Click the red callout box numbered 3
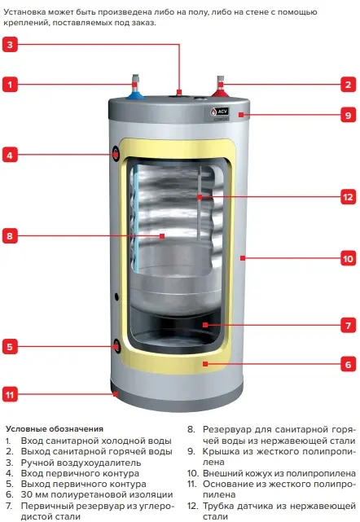(10, 45)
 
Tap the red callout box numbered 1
(10, 84)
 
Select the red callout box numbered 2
(349, 84)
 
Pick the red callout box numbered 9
(349, 115)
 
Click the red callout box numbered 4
(10, 156)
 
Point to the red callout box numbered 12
(349, 197)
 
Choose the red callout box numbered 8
(10, 236)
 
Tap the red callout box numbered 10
(349, 258)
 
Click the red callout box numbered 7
(349, 325)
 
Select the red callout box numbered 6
(349, 364)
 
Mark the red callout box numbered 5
(10, 347)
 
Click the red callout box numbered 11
(10, 395)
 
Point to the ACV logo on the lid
(219, 112)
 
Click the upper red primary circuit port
(116, 154)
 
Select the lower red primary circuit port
(116, 346)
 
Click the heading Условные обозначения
(55, 429)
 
